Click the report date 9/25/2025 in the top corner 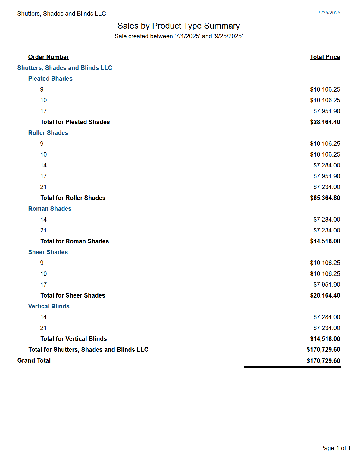tap(329, 13)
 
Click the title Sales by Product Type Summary tap(179, 26)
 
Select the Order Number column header tap(49, 57)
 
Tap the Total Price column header tap(325, 57)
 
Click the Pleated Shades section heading tap(50, 79)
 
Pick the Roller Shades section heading tap(48, 133)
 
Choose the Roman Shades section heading tap(50, 209)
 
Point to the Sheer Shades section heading tap(48, 252)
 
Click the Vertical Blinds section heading tap(49, 306)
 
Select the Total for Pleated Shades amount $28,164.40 tap(325, 122)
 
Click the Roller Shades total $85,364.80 tap(325, 198)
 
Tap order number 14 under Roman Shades tap(43, 220)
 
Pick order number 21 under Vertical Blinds tap(43, 328)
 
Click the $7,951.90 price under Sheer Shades tap(327, 285)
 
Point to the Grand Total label tap(34, 360)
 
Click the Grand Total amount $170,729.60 tap(323, 361)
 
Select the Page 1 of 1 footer tap(335, 448)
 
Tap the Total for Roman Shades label tap(75, 241)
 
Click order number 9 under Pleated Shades tap(42, 89)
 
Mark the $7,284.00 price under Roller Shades tap(327, 165)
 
